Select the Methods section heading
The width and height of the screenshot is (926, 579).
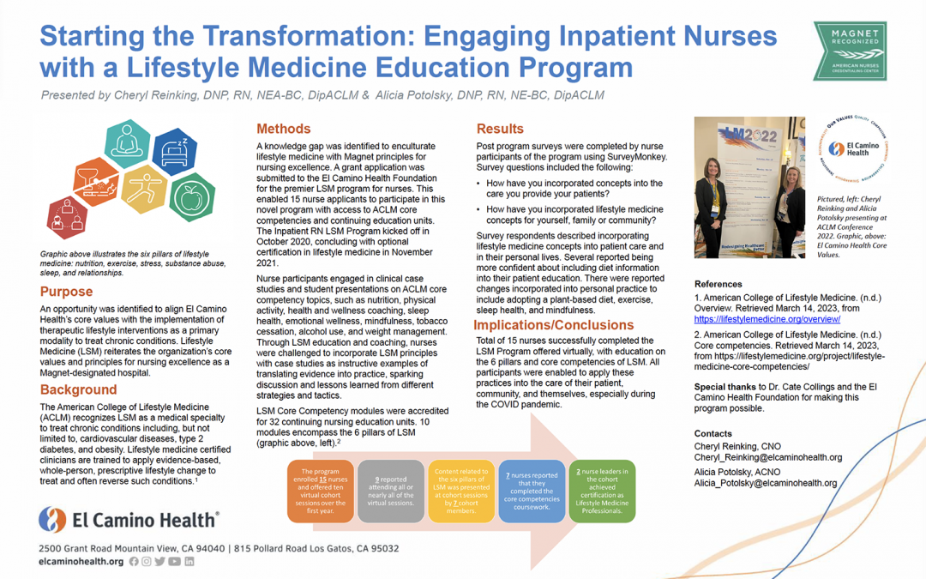click(x=284, y=130)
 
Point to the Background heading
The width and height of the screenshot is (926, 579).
click(x=78, y=389)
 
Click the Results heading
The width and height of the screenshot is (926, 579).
click(x=500, y=130)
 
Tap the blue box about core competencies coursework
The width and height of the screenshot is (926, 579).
click(x=532, y=491)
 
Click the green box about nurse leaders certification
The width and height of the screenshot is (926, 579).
click(x=602, y=491)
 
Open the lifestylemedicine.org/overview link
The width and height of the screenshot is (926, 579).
click(x=767, y=319)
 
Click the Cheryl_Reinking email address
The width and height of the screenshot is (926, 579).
click(x=768, y=458)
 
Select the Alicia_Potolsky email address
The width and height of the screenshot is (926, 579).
click(x=765, y=483)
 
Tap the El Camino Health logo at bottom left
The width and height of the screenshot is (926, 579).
click(x=129, y=519)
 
